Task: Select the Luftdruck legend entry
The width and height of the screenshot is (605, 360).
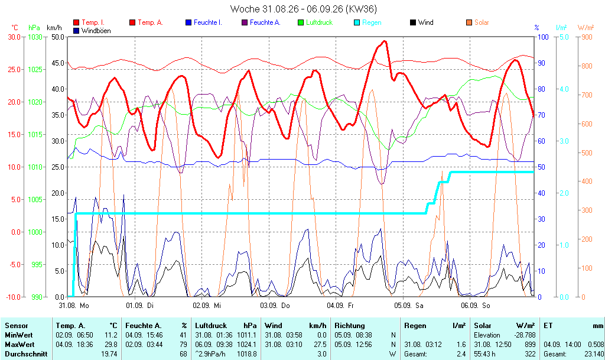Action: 315,22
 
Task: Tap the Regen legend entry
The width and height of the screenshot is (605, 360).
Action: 367,22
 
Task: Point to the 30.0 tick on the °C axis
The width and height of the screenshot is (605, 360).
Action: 14,37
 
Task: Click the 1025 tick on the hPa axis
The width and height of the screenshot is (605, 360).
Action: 35,69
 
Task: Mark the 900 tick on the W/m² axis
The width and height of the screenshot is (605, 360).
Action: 587,37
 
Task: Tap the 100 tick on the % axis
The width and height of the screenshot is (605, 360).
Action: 543,37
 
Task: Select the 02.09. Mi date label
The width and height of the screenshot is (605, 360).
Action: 207,306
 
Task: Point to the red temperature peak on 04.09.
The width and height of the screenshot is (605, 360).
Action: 384,41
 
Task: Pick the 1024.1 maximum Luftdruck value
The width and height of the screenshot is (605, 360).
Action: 248,345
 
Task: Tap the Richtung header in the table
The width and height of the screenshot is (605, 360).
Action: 350,326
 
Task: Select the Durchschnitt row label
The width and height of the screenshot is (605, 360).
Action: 26,354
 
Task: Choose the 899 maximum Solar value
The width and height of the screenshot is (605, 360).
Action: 530,345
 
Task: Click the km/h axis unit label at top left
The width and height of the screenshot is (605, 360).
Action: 54,28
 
